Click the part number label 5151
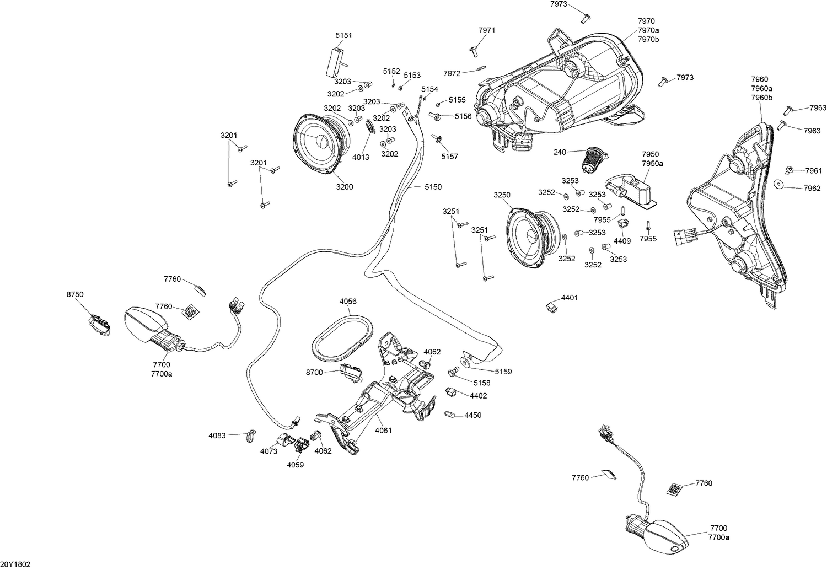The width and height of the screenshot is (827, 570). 343,35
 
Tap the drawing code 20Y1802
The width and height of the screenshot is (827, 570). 15,564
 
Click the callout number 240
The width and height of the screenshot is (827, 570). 560,152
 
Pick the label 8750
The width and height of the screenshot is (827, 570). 75,294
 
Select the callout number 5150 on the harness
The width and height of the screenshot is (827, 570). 433,187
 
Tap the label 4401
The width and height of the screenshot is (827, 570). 570,298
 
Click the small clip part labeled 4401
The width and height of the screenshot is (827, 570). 551,307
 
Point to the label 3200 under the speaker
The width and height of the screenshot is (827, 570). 345,187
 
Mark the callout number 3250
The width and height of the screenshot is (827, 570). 502,195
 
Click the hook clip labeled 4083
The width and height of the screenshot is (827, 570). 251,436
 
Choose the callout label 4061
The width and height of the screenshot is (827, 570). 383,430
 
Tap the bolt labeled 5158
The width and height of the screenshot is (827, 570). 453,372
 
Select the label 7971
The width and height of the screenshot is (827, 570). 487,30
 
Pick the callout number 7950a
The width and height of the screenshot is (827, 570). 652,163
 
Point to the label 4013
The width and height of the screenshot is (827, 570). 361,157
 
